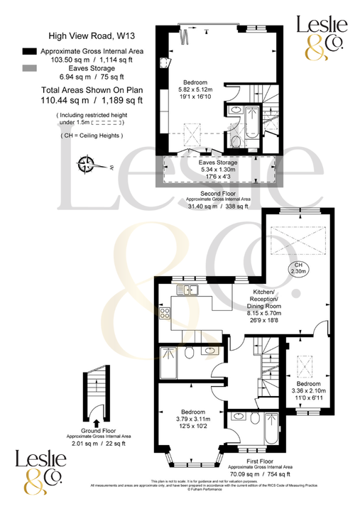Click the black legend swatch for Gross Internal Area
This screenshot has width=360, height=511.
pyautogui.click(x=28, y=52)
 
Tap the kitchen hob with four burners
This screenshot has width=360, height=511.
pyautogui.click(x=164, y=312)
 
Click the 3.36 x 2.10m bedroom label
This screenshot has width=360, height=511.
pyautogui.click(x=307, y=394)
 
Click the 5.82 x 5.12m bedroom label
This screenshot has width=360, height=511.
pyautogui.click(x=196, y=89)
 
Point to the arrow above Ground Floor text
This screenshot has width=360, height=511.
pyautogui.click(x=96, y=422)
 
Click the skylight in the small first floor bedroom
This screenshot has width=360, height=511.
pyautogui.click(x=307, y=367)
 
